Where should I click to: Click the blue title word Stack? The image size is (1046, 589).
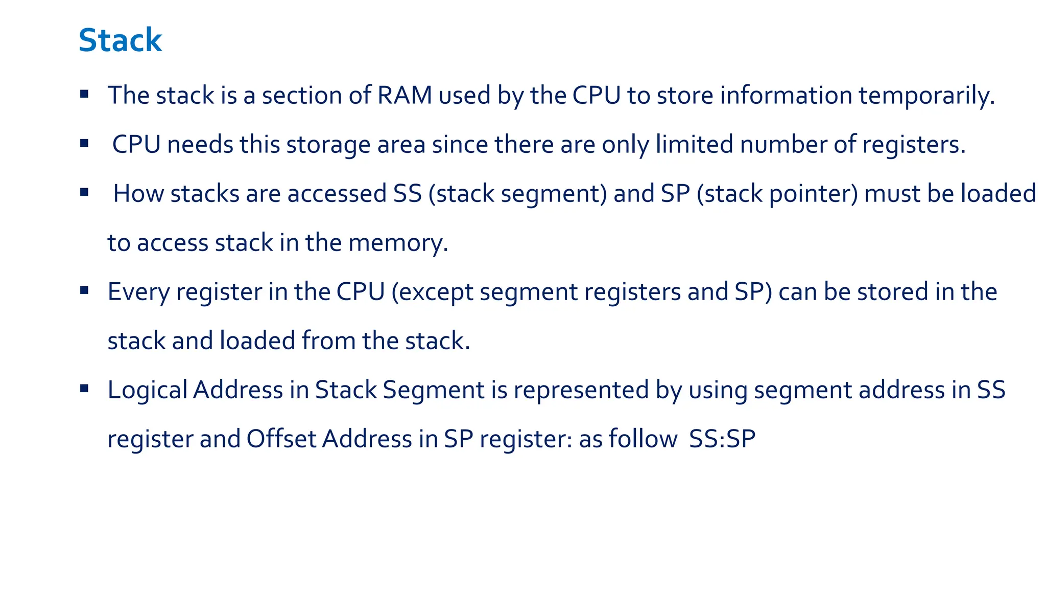coord(120,40)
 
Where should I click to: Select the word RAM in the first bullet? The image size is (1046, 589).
coord(405,96)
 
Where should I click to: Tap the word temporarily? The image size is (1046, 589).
coord(926,96)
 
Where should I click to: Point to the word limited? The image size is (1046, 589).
coord(694,145)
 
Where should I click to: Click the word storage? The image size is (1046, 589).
coord(328,145)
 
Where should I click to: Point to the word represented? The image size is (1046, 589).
coord(581,390)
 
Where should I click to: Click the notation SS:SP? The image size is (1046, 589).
coord(722,439)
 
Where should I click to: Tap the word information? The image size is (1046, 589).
coord(786,96)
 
